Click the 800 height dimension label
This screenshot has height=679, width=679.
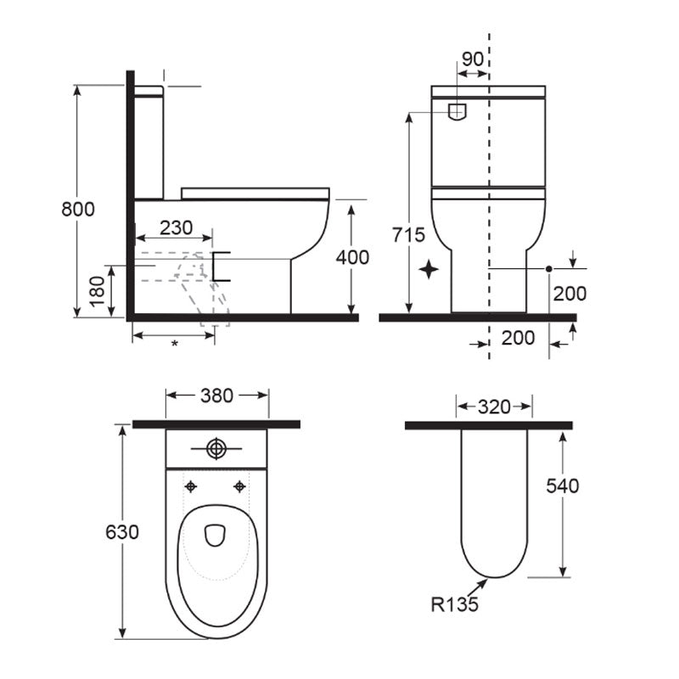click(77, 209)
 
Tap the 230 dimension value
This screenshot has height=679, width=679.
click(175, 228)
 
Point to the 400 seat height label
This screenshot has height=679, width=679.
click(352, 256)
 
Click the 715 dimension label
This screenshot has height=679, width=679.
click(408, 235)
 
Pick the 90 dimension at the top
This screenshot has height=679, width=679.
click(472, 59)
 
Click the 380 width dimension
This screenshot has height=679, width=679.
click(217, 395)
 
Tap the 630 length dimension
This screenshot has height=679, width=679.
click(121, 532)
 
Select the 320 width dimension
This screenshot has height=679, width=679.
click(494, 407)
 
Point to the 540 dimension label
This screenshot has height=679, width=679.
click(562, 485)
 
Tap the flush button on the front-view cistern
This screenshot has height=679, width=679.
click(457, 111)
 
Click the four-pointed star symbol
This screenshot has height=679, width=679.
click(430, 270)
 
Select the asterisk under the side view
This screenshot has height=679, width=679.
click(174, 344)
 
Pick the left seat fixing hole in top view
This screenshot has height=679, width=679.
click(191, 485)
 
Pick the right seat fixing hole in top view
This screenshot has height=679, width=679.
click(241, 485)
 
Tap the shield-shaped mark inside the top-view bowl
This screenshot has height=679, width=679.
click(216, 535)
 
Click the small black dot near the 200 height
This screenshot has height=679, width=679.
click(549, 268)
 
